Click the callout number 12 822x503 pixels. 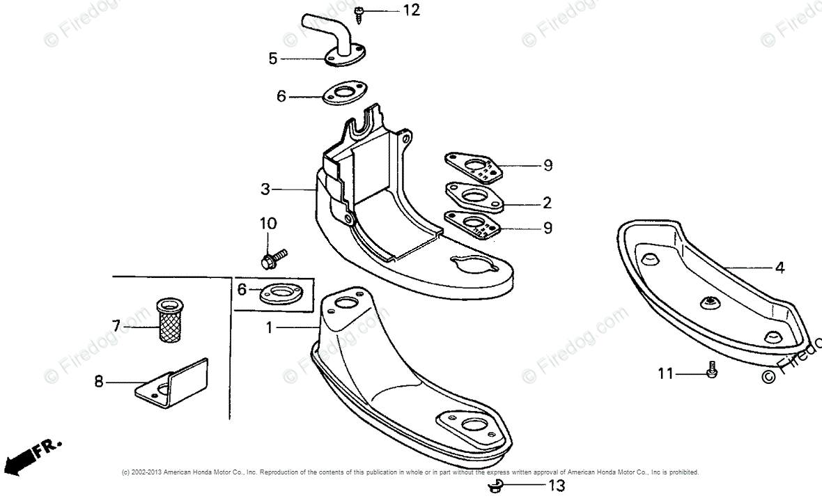click(x=412, y=10)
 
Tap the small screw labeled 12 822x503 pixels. click(x=358, y=12)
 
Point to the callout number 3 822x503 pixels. click(x=265, y=189)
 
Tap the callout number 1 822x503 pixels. click(x=270, y=326)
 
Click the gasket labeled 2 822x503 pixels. click(x=476, y=198)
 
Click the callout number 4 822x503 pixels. click(x=780, y=268)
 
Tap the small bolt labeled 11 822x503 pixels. click(x=711, y=370)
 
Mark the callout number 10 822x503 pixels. click(x=268, y=224)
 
